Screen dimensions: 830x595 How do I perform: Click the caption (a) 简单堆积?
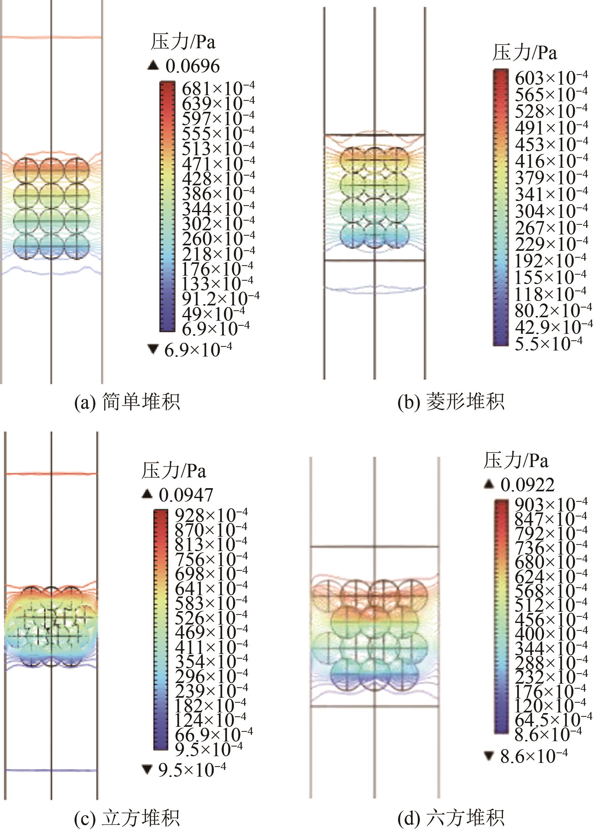click(127, 402)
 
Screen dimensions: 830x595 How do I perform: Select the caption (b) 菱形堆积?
click(451, 402)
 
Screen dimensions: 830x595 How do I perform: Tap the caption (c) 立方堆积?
click(127, 818)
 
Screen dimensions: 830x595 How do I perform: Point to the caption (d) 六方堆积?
click(451, 818)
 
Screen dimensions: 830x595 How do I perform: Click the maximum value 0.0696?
click(193, 66)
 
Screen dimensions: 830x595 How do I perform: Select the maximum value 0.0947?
click(186, 495)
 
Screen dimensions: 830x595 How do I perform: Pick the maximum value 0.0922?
click(527, 485)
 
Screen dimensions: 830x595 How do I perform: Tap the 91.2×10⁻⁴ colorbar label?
click(221, 299)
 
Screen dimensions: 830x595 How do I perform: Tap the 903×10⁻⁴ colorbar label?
click(551, 505)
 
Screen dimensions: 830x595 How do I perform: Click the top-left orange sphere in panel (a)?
click(26, 170)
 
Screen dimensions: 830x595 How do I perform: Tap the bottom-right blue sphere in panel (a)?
click(77, 246)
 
